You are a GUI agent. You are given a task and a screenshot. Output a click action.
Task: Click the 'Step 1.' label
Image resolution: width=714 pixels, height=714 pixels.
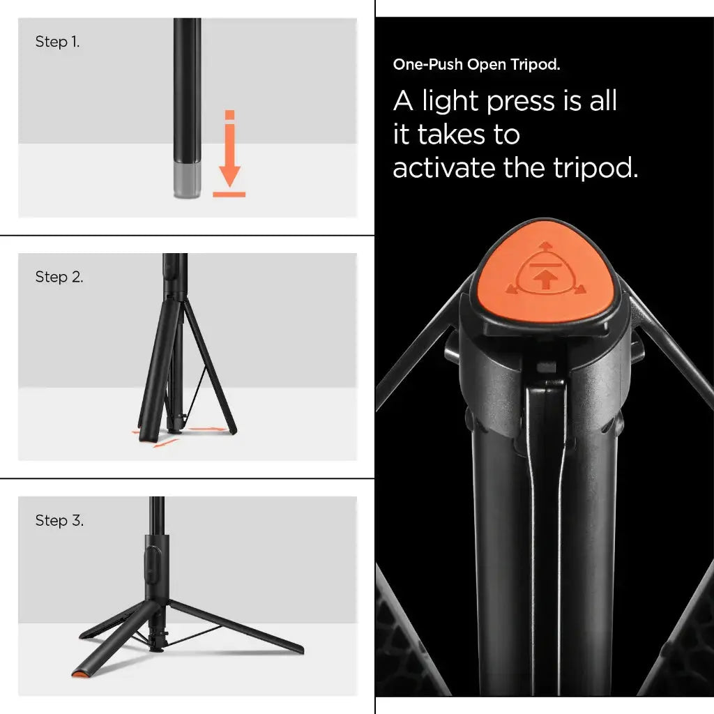(x=57, y=42)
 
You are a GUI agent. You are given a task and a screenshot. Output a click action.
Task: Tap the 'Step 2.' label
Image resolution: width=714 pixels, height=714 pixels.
(x=59, y=277)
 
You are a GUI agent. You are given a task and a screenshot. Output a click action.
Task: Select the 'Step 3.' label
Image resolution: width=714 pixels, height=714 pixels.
(x=59, y=521)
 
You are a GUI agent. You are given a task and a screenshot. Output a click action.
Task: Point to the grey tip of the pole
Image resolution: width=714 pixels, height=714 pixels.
(x=187, y=181)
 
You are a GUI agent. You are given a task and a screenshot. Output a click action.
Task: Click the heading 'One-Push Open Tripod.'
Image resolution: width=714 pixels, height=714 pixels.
(x=476, y=65)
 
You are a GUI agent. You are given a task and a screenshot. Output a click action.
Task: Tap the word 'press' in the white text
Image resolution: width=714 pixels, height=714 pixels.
(x=519, y=101)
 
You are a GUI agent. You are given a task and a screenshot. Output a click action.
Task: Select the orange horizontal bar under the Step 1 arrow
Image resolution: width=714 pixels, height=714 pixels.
(x=229, y=194)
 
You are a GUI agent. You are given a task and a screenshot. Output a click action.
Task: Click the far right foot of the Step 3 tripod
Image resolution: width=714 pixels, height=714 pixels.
(x=296, y=649)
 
